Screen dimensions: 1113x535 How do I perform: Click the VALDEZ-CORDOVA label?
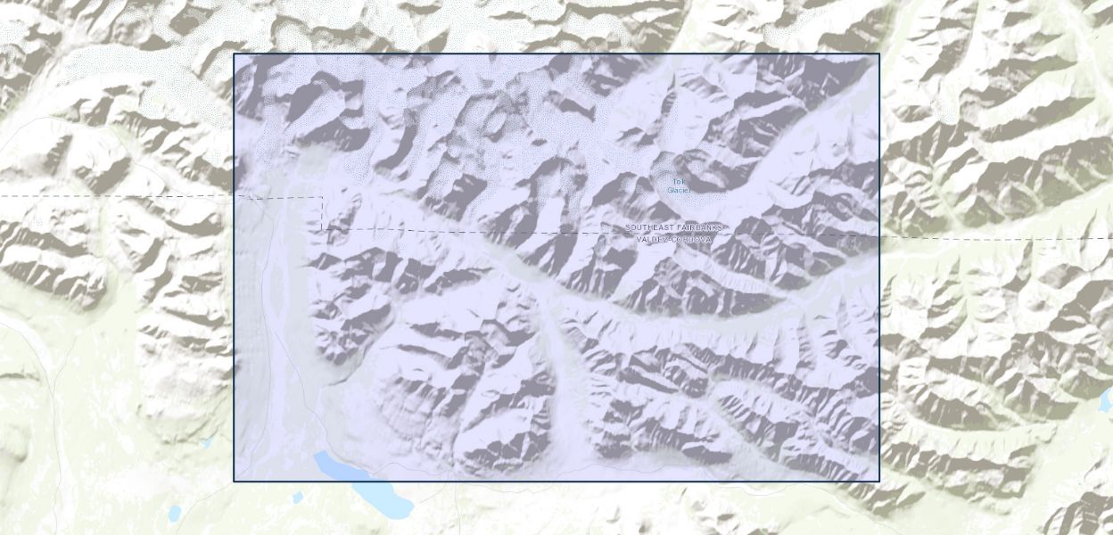pos(674,239)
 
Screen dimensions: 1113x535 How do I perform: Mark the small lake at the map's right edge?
pos(1107,400)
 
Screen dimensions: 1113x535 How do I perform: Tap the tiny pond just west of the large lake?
pos(297,496)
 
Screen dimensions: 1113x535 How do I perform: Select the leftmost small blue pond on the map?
pos(175,512)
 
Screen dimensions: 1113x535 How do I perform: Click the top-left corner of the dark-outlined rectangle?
pos(234,53)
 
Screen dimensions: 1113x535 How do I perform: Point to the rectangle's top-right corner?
pos(879,53)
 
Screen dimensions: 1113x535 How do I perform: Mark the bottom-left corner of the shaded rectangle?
pos(234,481)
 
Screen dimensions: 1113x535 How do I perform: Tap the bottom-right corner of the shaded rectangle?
pos(879,481)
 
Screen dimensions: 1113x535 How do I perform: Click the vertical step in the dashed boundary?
pos(322,213)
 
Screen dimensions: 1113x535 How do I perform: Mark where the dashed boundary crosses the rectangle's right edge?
pos(879,236)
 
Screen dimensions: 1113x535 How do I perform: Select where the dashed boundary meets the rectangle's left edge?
pos(234,196)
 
